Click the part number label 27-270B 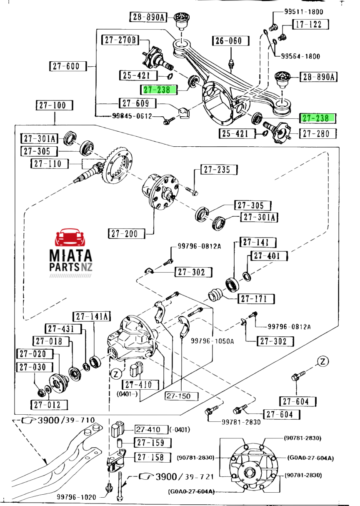tap(120, 40)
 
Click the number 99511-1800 tap(304, 12)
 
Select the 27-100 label tap(54, 105)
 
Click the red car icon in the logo tap(70, 238)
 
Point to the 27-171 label tap(256, 299)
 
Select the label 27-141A tap(92, 317)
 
